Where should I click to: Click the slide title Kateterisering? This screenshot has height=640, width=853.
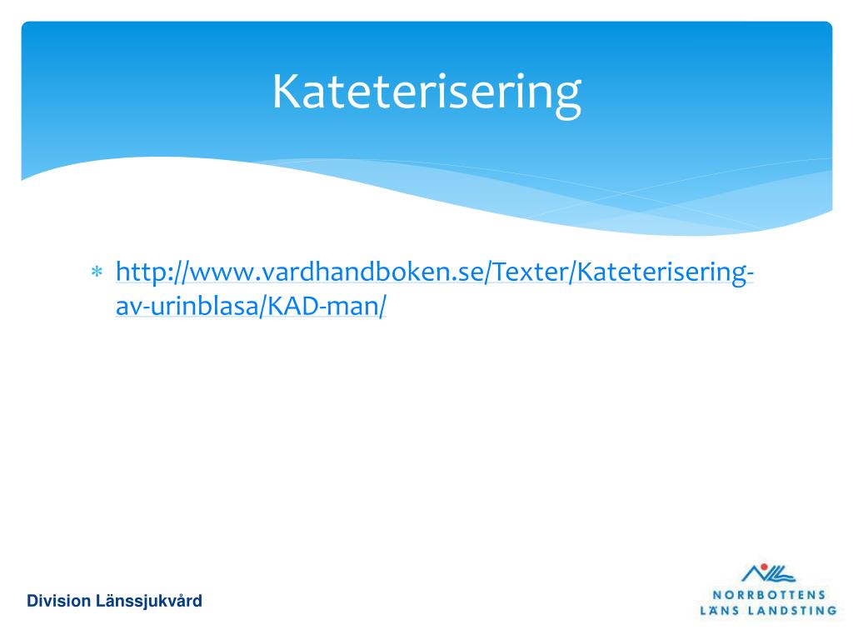tap(426, 92)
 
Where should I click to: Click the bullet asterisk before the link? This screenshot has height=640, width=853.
tap(97, 272)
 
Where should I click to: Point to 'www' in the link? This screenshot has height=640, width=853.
tap(221, 272)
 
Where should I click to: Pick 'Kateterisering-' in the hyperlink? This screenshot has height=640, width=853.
tap(666, 272)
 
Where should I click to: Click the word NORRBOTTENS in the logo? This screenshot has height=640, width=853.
tap(769, 595)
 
